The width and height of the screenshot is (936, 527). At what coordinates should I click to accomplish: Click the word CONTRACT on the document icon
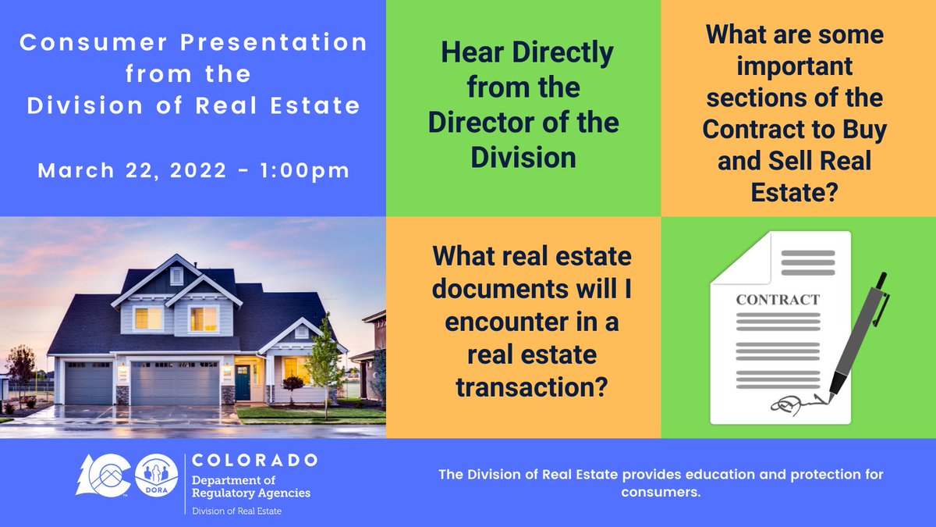(x=778, y=300)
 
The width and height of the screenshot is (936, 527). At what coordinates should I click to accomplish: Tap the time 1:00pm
(x=307, y=170)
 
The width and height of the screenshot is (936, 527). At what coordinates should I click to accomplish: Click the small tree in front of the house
(x=322, y=364)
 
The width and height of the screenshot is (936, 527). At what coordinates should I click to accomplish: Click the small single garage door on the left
(x=88, y=383)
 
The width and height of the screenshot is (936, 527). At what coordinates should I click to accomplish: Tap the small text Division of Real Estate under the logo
(x=237, y=511)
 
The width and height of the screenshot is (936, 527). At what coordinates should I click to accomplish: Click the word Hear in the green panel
(x=470, y=54)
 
